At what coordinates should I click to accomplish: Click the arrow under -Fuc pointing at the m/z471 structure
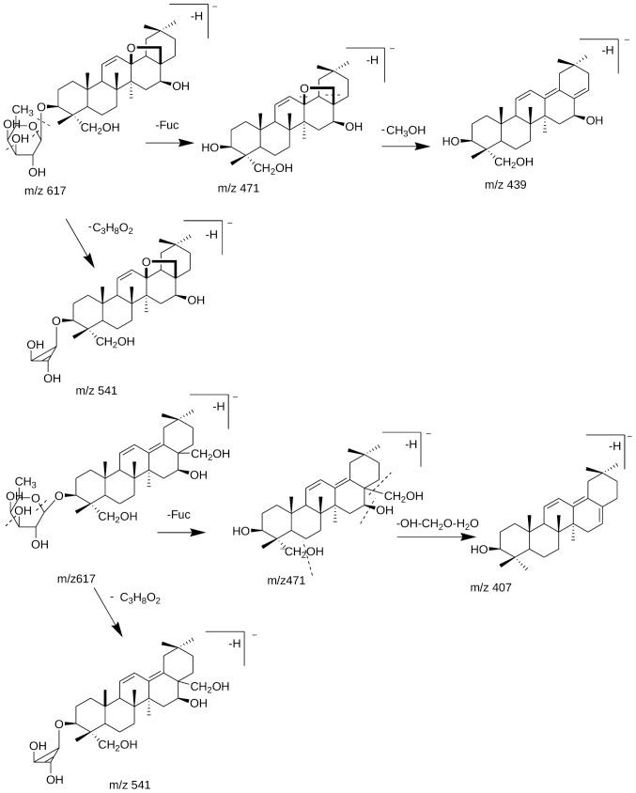pyautogui.click(x=178, y=532)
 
